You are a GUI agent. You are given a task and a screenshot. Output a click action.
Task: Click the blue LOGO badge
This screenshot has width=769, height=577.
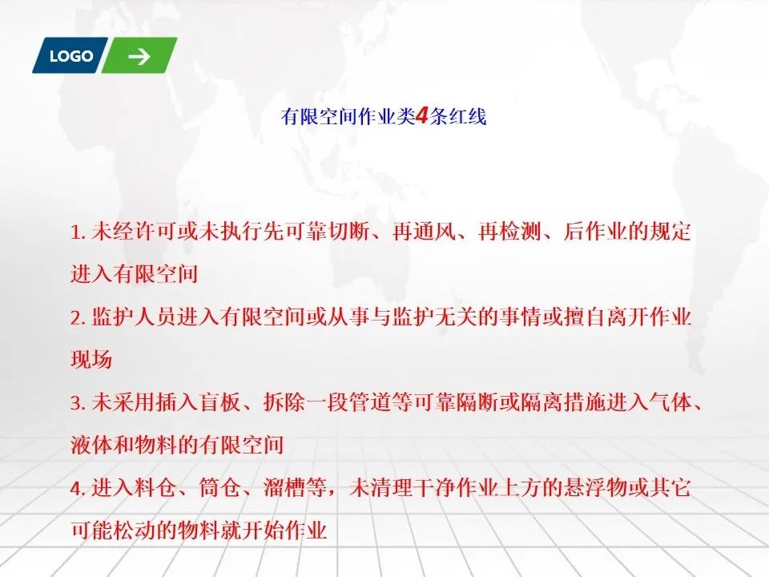(x=70, y=55)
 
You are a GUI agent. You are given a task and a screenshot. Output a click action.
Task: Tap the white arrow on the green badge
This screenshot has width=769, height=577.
(x=139, y=56)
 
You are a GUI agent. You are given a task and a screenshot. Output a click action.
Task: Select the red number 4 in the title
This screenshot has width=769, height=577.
(x=422, y=116)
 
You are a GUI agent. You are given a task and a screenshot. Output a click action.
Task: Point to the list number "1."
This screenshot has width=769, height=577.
(x=79, y=232)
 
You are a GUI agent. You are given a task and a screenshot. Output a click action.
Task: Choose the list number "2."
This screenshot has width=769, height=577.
(x=79, y=318)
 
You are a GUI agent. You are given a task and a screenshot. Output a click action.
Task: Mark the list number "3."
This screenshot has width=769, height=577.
(x=79, y=403)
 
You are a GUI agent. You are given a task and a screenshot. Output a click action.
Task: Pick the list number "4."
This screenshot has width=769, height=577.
(x=79, y=489)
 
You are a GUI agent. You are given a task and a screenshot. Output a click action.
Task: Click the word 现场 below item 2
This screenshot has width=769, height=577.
(x=91, y=360)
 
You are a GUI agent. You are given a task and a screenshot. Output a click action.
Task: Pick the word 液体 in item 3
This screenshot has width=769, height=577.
(x=91, y=445)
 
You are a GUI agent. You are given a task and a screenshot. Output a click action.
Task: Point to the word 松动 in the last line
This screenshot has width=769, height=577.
(x=135, y=531)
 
